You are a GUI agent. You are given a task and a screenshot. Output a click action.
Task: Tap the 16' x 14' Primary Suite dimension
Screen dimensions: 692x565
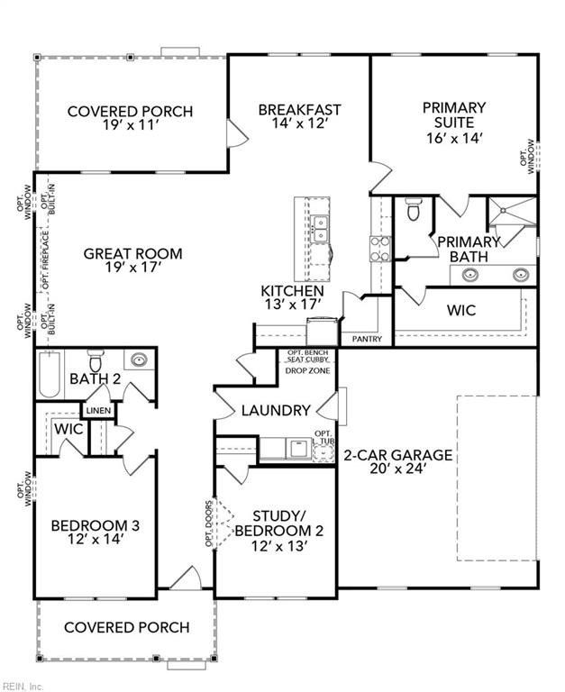[x=454, y=139]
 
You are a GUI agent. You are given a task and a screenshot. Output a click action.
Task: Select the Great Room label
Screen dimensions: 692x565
[x=132, y=254]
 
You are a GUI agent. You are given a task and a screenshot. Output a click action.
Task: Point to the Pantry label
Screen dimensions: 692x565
[x=367, y=340]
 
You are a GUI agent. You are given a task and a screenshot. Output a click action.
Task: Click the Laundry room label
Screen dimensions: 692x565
[x=276, y=411]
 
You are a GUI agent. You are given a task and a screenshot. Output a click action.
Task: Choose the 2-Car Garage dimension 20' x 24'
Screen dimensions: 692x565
[x=397, y=469]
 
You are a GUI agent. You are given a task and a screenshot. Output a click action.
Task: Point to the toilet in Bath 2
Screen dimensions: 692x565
[x=94, y=360]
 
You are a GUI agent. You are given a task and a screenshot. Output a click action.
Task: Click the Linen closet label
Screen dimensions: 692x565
[x=99, y=412]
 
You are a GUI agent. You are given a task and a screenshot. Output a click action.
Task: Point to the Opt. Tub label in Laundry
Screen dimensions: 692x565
[x=324, y=439]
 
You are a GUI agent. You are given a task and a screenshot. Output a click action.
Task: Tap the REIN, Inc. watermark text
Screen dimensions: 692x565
[x=23, y=686]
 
